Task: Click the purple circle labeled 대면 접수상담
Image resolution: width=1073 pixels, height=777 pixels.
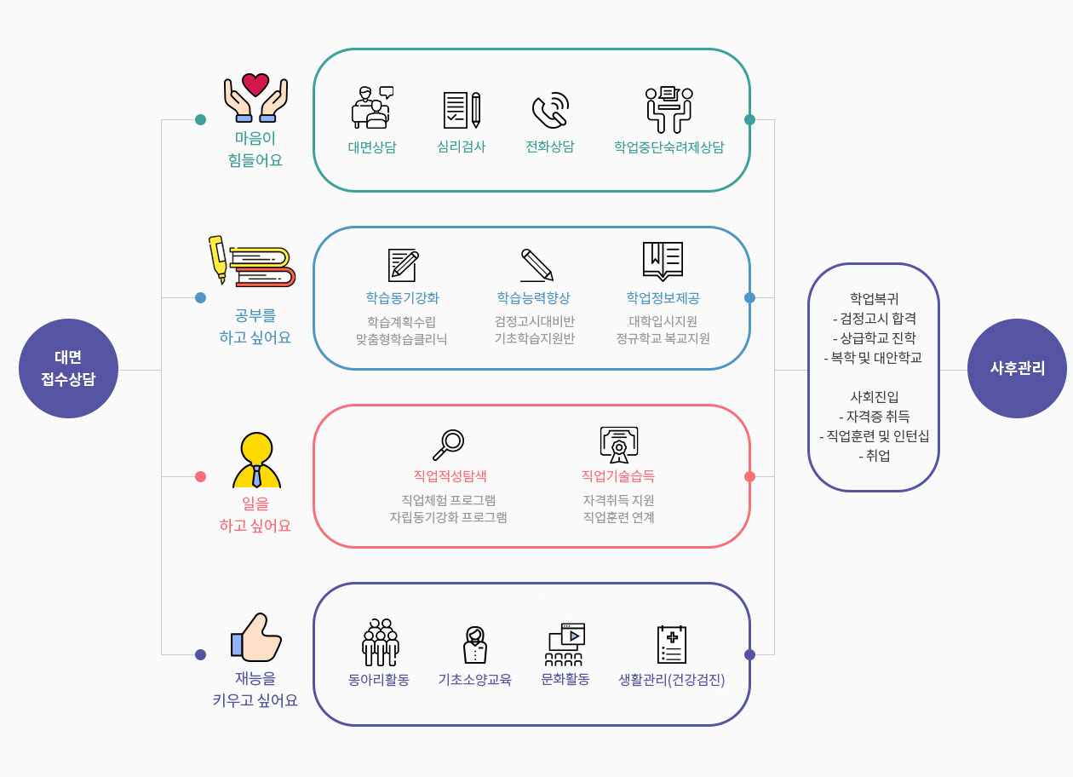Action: [x=68, y=368]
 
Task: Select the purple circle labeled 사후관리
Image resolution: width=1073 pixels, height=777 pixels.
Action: [x=1017, y=368]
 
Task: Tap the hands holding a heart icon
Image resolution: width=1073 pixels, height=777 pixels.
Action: [x=255, y=98]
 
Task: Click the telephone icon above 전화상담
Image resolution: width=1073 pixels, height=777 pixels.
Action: [x=549, y=111]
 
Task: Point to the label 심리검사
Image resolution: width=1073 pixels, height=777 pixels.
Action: [x=461, y=147]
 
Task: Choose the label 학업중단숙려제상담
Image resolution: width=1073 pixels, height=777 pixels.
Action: [x=668, y=147]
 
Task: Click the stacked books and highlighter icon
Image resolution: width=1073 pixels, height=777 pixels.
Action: [x=252, y=262]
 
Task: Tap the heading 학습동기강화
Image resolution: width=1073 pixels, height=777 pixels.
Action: [x=403, y=297]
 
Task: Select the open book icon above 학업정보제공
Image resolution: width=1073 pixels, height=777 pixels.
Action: [x=663, y=261]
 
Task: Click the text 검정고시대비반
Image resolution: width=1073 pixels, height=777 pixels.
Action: [x=534, y=321]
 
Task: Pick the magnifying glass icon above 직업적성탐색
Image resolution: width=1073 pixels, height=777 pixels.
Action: [x=449, y=444]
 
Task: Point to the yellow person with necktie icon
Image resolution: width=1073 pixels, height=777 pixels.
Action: [x=256, y=460]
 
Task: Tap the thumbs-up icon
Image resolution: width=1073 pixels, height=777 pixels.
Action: [x=256, y=637]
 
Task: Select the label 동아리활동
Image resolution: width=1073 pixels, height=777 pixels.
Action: [x=379, y=679]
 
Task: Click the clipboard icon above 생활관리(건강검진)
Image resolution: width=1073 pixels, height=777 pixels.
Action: [x=672, y=644]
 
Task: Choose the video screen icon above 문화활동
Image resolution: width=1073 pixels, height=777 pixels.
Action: [x=565, y=644]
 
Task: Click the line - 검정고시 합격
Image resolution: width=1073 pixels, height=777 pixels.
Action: [x=874, y=318]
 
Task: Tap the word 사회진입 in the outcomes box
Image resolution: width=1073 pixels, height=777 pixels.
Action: [x=874, y=396]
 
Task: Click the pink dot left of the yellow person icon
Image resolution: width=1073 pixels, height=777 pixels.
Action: [x=200, y=476]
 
